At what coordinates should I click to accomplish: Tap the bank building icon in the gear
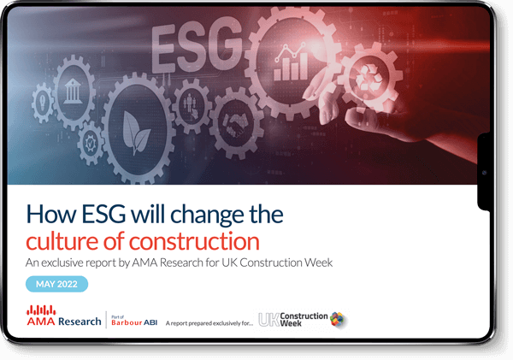[73, 91]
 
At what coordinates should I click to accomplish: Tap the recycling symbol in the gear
[369, 78]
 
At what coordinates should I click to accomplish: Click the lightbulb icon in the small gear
[43, 102]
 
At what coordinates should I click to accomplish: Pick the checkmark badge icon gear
[89, 143]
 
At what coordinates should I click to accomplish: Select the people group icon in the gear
[192, 105]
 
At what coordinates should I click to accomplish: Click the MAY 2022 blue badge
[56, 284]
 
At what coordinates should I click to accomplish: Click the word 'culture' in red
[62, 241]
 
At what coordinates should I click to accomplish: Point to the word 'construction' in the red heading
[194, 242]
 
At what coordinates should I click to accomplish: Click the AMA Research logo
[64, 316]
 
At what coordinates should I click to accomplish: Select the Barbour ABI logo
[134, 321]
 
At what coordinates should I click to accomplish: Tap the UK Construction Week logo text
[293, 320]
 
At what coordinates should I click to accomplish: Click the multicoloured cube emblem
[338, 319]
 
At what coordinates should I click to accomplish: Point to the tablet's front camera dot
[485, 173]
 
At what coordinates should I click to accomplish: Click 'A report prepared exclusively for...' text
[209, 323]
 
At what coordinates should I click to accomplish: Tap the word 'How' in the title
[50, 215]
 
